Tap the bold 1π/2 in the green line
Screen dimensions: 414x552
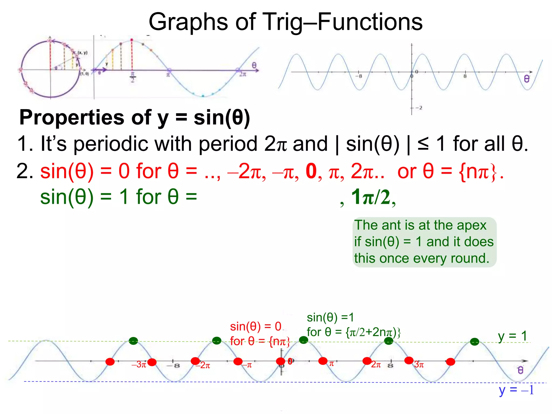click(x=371, y=197)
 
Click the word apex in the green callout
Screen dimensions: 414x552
click(x=472, y=225)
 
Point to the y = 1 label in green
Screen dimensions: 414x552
click(x=512, y=336)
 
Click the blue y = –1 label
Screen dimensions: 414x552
click(x=516, y=390)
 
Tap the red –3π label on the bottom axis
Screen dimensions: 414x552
click(x=139, y=365)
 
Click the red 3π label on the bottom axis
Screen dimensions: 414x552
click(x=419, y=365)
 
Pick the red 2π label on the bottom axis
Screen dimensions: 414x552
click(x=376, y=365)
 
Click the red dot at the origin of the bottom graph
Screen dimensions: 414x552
click(x=281, y=361)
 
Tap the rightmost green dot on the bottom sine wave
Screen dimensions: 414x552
click(x=475, y=342)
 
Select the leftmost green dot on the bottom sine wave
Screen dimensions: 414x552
click(x=133, y=341)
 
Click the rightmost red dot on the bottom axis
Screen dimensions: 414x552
click(x=450, y=362)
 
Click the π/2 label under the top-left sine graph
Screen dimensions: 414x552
click(x=132, y=77)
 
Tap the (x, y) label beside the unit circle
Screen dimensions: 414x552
click(x=82, y=53)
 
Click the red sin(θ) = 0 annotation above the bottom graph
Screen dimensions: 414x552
click(x=256, y=327)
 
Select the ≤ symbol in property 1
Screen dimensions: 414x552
click(x=423, y=144)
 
